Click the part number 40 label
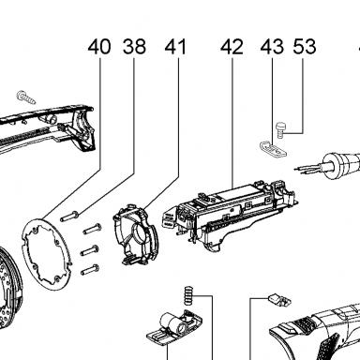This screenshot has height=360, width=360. click(99, 47)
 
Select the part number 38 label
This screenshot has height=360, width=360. click(134, 47)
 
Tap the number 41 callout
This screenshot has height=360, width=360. click(175, 47)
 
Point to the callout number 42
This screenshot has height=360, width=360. click(232, 47)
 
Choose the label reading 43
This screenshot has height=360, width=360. click(272, 47)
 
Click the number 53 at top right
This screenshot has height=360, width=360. click(305, 47)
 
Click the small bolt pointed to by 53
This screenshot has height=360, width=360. click(279, 129)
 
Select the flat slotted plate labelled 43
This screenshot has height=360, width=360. click(273, 149)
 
